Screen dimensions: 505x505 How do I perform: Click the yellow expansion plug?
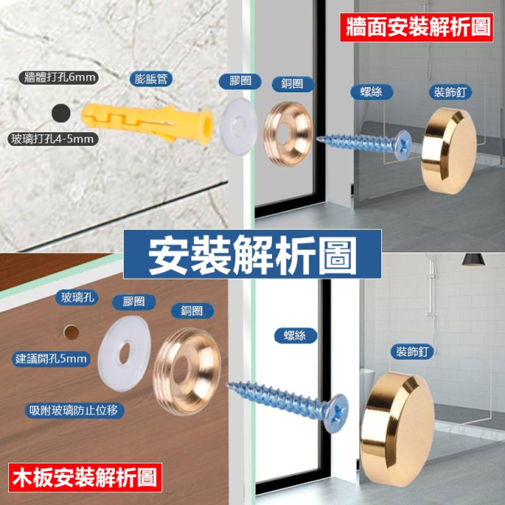click(147, 123)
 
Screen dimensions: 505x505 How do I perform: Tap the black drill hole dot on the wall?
click(61, 113)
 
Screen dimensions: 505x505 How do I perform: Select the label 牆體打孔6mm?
click(59, 77)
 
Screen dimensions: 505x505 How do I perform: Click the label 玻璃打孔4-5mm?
click(52, 139)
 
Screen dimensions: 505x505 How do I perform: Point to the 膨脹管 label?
click(151, 79)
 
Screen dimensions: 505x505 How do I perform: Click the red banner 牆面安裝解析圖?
click(417, 28)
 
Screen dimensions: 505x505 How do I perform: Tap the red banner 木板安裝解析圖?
click(85, 477)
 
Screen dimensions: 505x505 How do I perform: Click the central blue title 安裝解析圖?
click(253, 254)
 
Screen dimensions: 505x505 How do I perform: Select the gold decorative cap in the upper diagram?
click(449, 151)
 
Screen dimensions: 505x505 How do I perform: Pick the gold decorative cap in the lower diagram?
click(397, 429)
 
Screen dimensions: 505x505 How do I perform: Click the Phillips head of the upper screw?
click(403, 145)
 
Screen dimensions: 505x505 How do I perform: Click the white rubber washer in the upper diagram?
click(239, 126)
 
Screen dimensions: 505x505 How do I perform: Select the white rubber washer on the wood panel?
click(125, 353)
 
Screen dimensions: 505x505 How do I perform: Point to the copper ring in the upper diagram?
click(288, 134)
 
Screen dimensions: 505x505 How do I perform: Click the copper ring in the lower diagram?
click(187, 371)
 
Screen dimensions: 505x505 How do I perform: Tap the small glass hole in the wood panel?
click(71, 332)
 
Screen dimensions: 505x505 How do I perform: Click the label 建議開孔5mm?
click(51, 358)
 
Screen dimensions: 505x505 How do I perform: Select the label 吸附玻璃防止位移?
click(74, 411)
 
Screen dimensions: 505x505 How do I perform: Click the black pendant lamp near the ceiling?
click(473, 260)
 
